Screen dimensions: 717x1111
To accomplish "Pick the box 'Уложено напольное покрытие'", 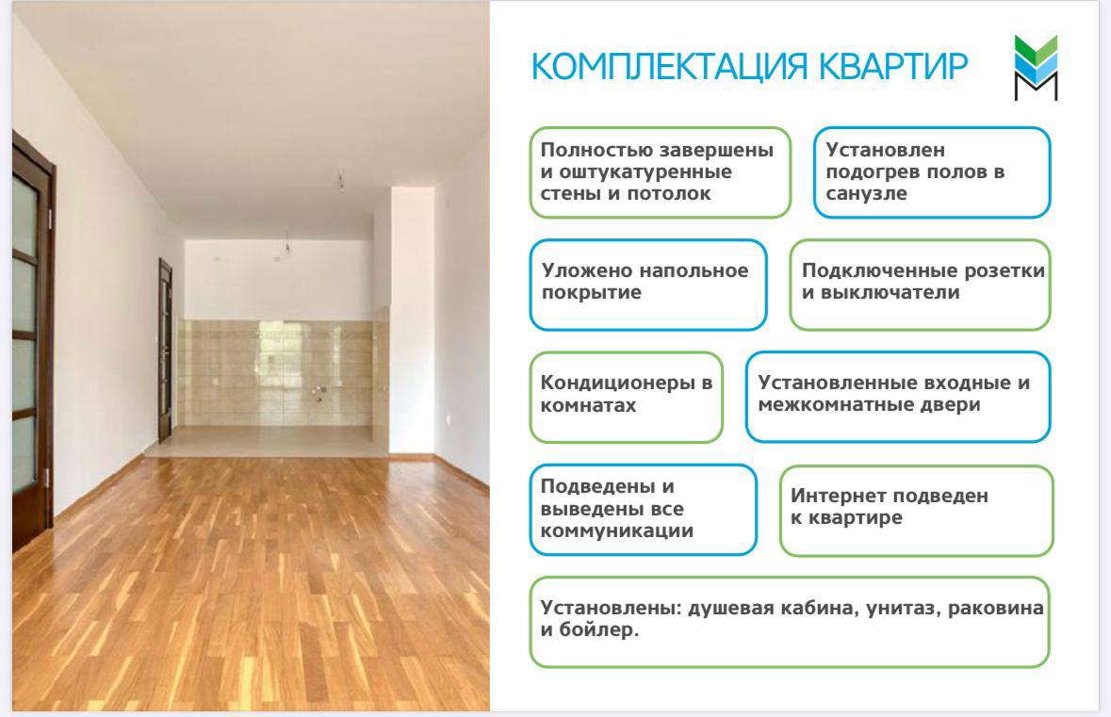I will tap(648, 283).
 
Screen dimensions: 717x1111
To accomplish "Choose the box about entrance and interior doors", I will tap(897, 396).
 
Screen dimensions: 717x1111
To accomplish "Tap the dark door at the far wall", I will tap(165, 349).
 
